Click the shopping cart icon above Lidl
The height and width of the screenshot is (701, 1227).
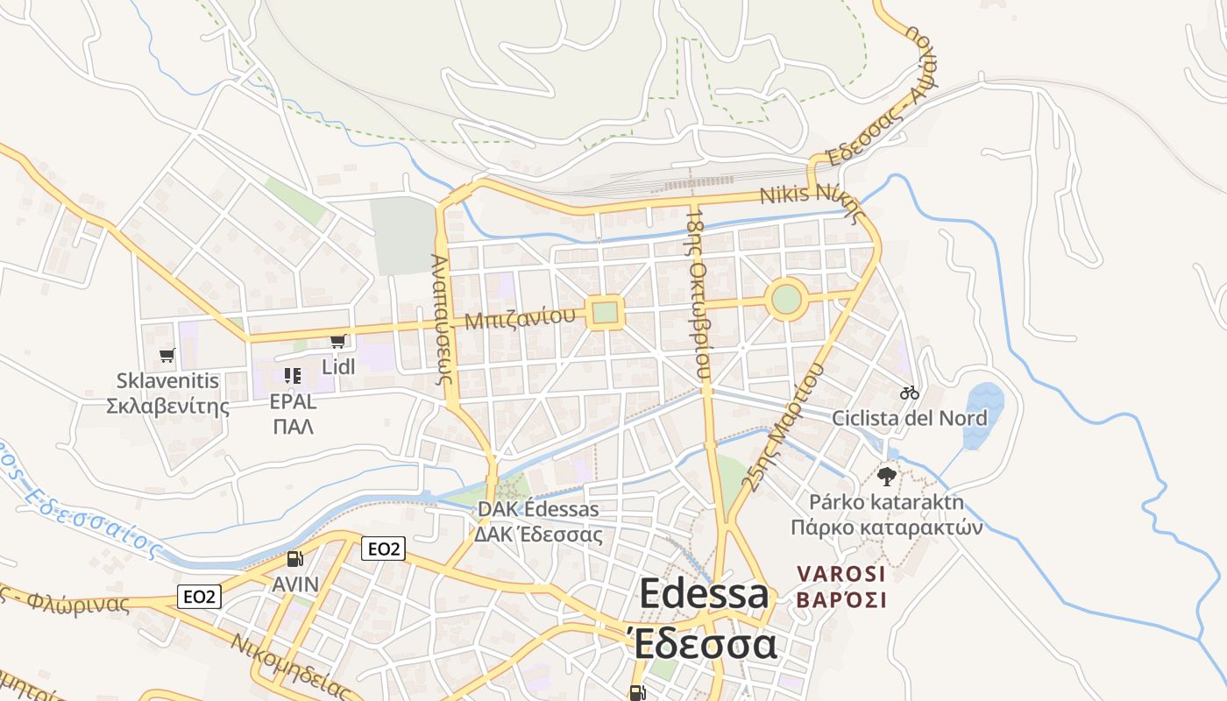pos(337,341)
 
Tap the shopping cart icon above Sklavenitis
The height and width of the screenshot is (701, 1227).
pos(167,355)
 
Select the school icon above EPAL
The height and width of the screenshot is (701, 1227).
pos(293,376)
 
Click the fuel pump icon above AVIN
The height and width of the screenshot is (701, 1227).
pos(295,559)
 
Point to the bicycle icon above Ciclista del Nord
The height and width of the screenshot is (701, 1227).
pos(910,393)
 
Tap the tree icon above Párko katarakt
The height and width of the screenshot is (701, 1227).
pos(886,477)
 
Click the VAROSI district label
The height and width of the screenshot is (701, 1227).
pos(841,574)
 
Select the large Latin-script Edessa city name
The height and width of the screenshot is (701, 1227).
pos(704,595)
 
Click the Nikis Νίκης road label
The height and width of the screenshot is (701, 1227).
pos(812,198)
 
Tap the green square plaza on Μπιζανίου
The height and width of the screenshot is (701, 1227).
pos(605,312)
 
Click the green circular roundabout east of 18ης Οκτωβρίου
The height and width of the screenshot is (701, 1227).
pos(786,299)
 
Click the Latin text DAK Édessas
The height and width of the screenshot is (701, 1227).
pos(538,509)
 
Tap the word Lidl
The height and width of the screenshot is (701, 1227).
pos(338,366)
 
